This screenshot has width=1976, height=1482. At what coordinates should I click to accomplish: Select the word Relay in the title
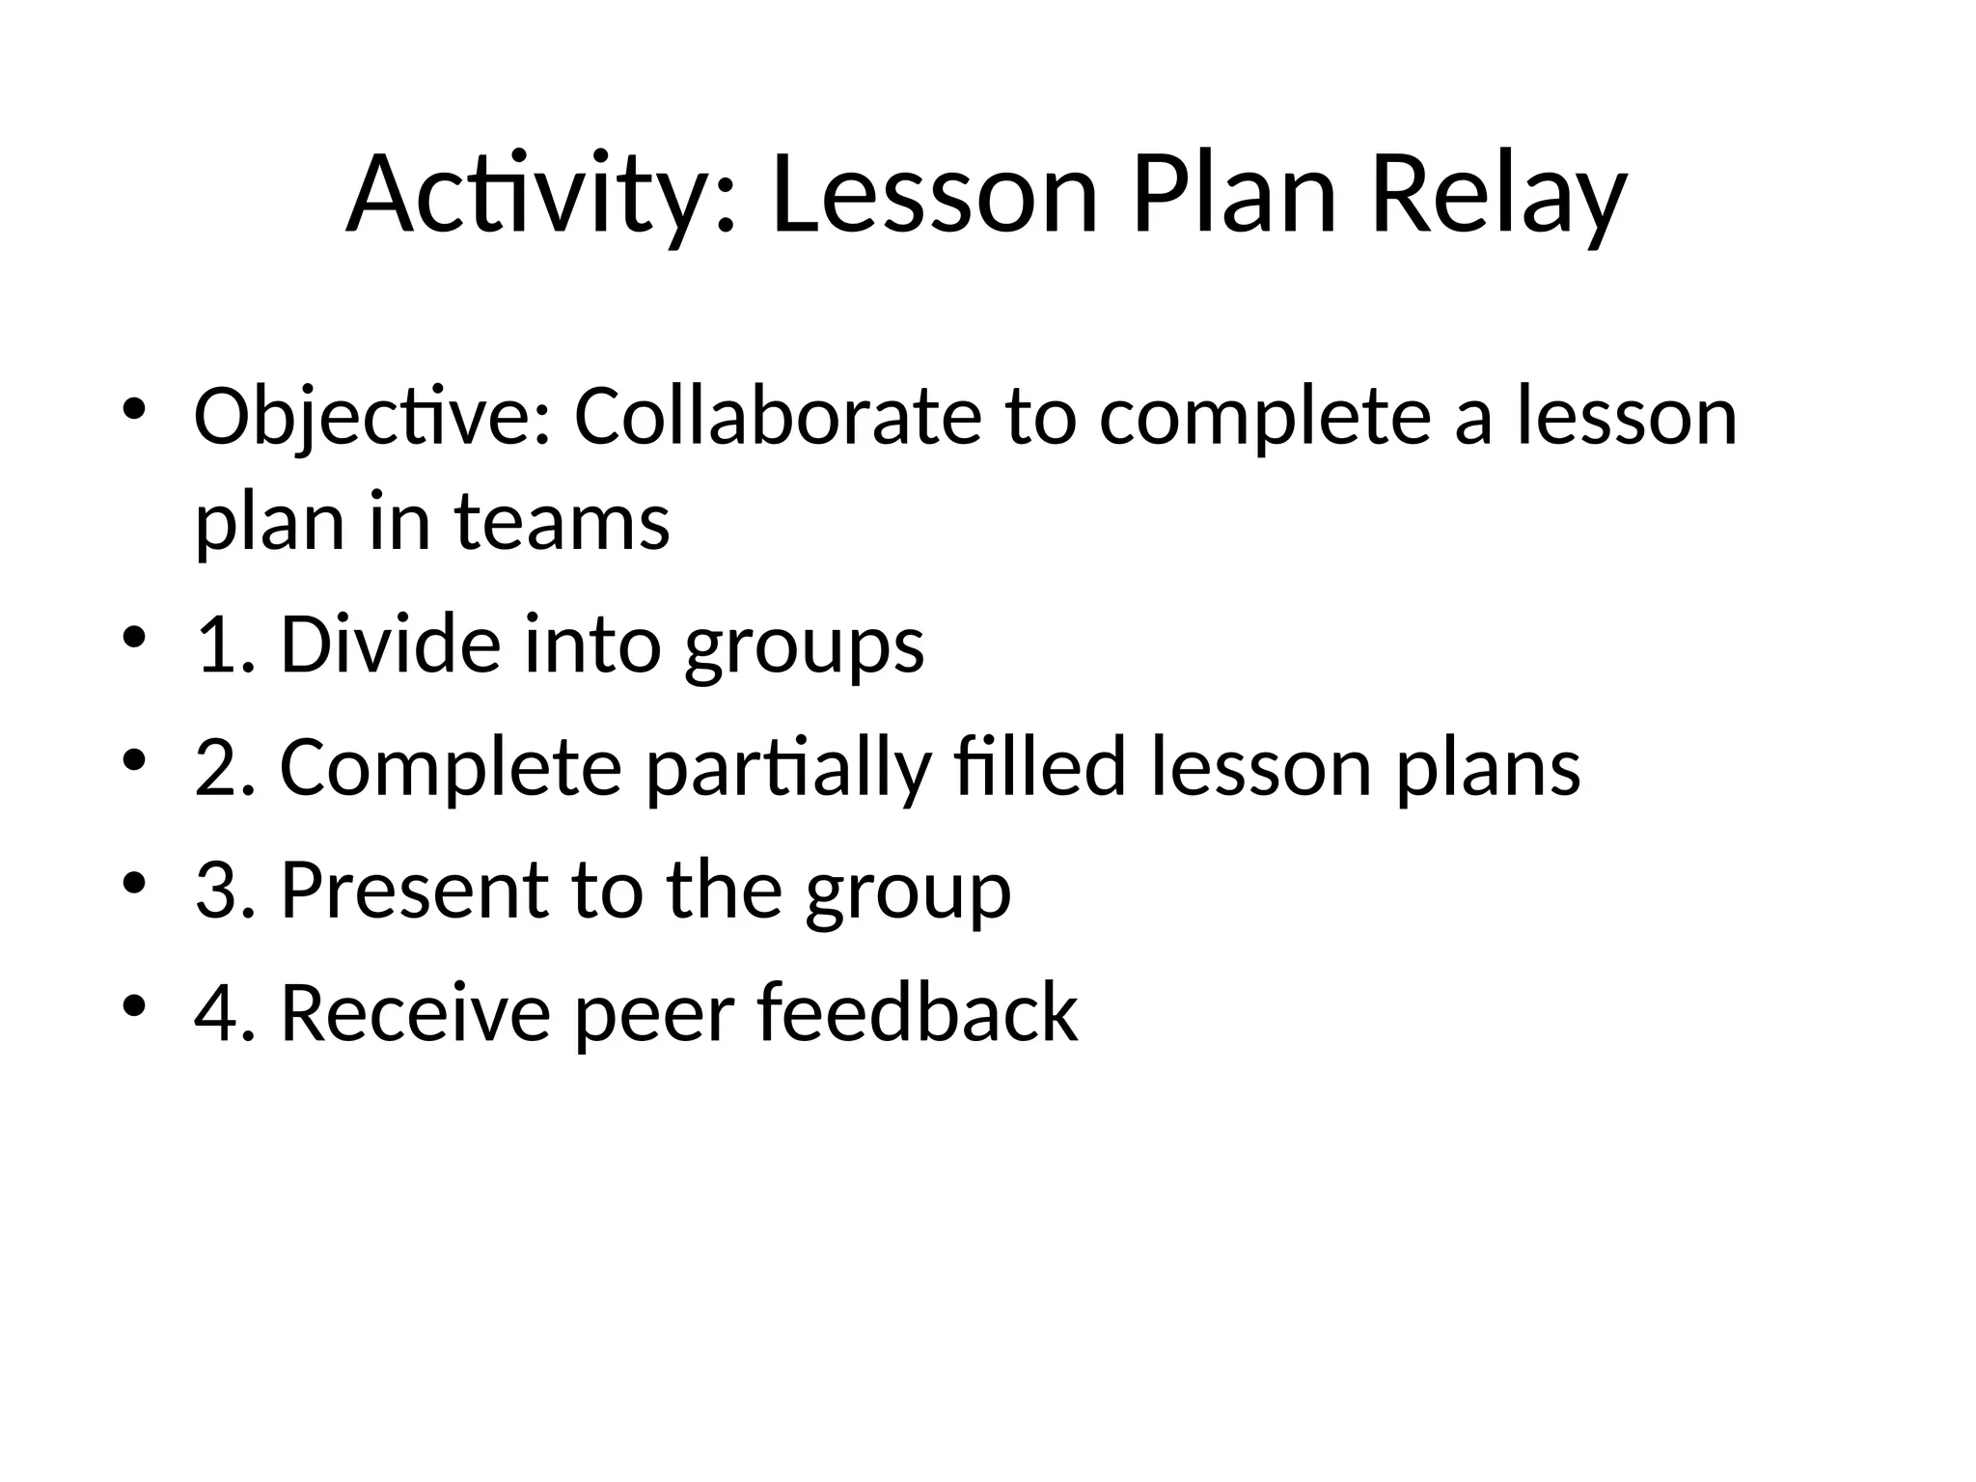(x=1497, y=196)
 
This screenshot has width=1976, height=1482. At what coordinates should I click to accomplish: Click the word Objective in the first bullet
(x=370, y=417)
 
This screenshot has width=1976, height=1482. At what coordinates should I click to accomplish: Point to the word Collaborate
(x=777, y=417)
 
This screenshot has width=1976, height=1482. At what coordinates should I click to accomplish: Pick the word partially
(x=787, y=768)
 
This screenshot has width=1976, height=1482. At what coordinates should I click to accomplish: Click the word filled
(x=1039, y=768)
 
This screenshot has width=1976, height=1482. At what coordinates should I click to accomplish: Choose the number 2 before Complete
(x=214, y=768)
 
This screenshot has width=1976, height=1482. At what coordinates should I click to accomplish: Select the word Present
(x=414, y=890)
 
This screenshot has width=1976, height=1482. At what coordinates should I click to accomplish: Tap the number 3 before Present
(x=214, y=890)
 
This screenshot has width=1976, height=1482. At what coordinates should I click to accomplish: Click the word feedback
(x=917, y=1013)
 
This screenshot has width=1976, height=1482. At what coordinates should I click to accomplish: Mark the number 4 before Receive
(x=214, y=1013)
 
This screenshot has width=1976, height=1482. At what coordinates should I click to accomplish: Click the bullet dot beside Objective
(x=134, y=407)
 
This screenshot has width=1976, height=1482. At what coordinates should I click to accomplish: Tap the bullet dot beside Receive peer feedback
(x=134, y=1004)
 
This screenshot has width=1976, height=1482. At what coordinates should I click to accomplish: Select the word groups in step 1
(x=803, y=646)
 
